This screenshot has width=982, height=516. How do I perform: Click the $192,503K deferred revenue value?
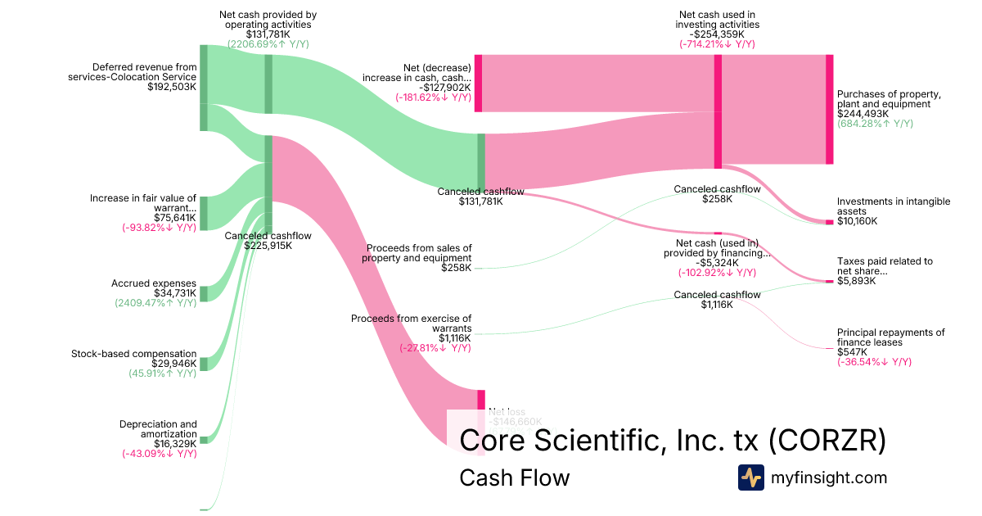pyautogui.click(x=172, y=87)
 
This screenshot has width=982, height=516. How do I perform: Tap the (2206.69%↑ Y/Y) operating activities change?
pyautogui.click(x=268, y=43)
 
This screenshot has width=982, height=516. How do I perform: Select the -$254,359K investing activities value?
pyautogui.click(x=716, y=34)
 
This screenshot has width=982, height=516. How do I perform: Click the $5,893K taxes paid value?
pyautogui.click(x=856, y=281)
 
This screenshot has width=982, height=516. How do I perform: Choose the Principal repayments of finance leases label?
pyautogui.click(x=890, y=337)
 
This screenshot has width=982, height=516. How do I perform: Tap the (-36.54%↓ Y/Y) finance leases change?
pyautogui.click(x=874, y=361)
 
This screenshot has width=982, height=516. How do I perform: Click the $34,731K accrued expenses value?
pyautogui.click(x=175, y=293)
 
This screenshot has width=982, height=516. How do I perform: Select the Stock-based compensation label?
pyautogui.click(x=134, y=354)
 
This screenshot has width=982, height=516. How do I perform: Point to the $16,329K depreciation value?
pyautogui.click(x=175, y=443)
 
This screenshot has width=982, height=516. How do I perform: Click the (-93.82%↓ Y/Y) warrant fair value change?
pyautogui.click(x=160, y=228)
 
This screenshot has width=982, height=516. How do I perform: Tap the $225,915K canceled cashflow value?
pyautogui.click(x=268, y=245)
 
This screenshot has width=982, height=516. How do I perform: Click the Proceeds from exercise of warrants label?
pyautogui.click(x=411, y=323)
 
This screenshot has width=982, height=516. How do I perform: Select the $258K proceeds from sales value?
pyautogui.click(x=456, y=268)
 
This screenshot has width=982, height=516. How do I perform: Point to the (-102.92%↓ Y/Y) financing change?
pyautogui.click(x=717, y=272)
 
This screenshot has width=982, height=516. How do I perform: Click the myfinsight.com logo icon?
pyautogui.click(x=750, y=478)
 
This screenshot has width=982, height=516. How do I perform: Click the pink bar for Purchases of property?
pyautogui.click(x=829, y=109)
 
